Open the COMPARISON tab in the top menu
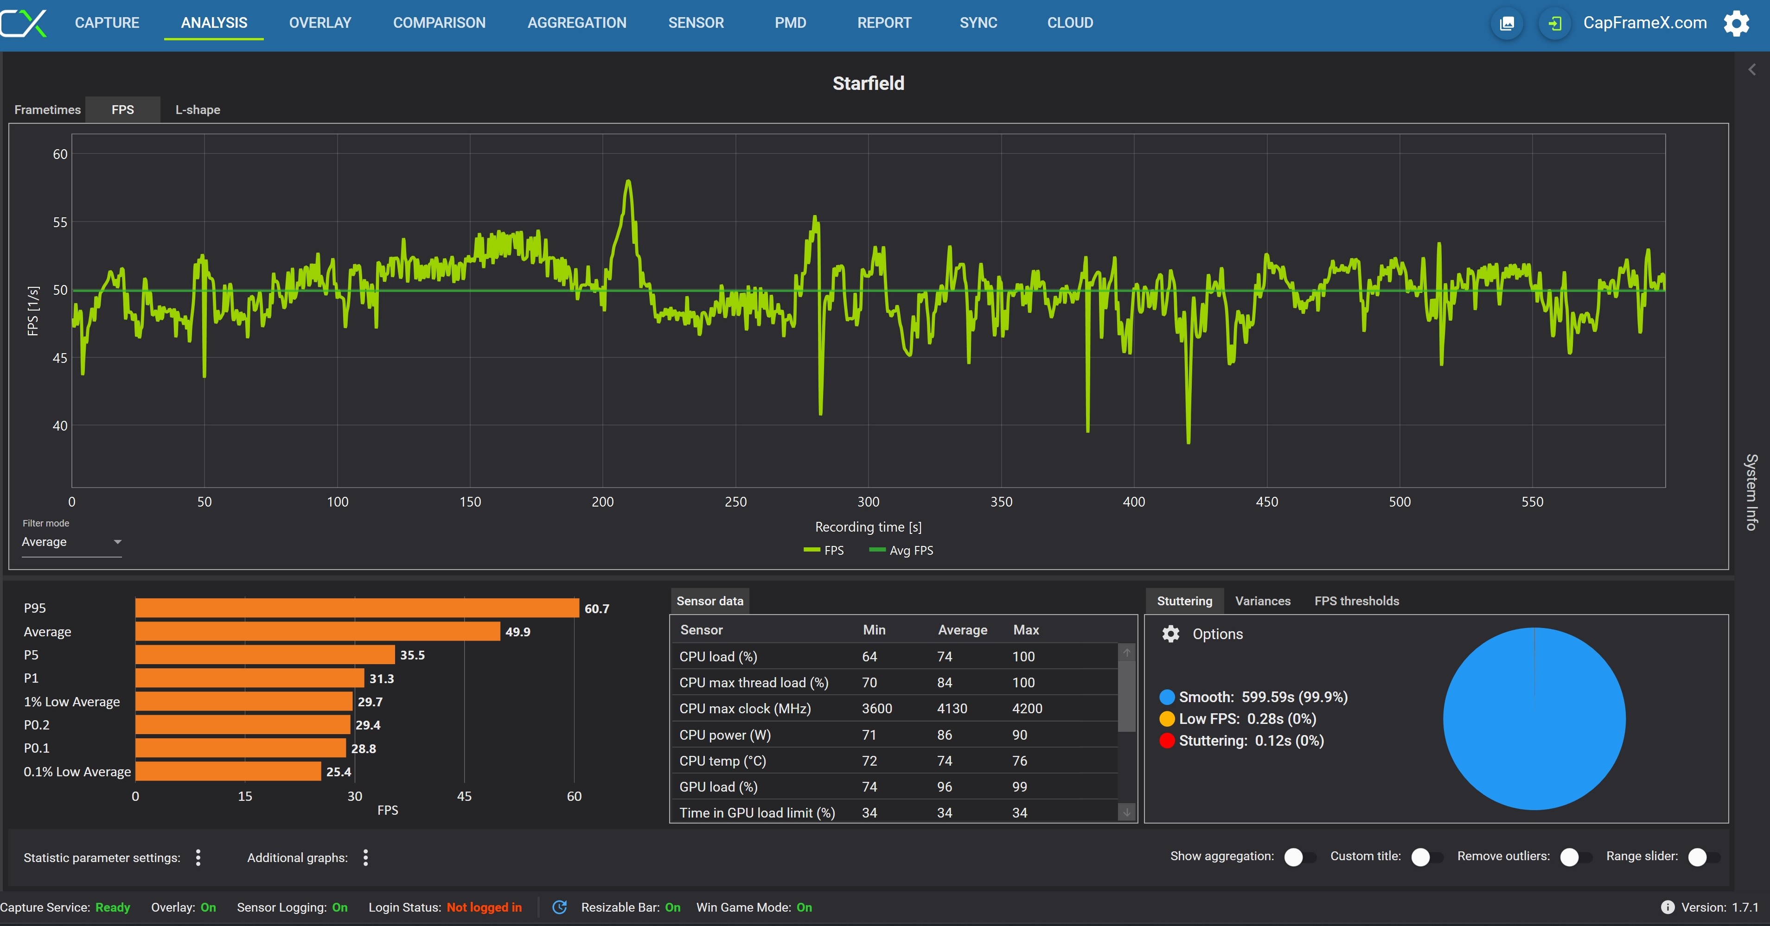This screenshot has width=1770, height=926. click(439, 23)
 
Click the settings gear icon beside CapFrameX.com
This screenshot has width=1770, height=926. click(1736, 23)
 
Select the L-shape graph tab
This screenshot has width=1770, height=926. click(198, 110)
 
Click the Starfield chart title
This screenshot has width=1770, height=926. click(869, 83)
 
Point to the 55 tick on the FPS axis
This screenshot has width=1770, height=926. click(60, 222)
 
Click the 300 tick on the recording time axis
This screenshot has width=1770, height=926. click(869, 501)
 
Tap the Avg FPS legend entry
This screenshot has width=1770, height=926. click(901, 550)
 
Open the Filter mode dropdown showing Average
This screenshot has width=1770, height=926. click(71, 542)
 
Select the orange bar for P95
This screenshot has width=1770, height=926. click(358, 608)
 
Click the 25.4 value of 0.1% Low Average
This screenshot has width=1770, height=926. click(339, 772)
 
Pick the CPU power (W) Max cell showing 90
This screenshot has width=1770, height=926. click(1020, 735)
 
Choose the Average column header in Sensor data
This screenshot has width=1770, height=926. click(963, 630)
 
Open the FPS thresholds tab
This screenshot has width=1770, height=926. click(1357, 601)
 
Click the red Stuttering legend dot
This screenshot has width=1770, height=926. click(1167, 741)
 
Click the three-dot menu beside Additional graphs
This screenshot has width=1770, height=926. click(365, 857)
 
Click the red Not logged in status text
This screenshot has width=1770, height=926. click(485, 907)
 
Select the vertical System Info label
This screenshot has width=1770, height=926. click(1752, 492)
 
